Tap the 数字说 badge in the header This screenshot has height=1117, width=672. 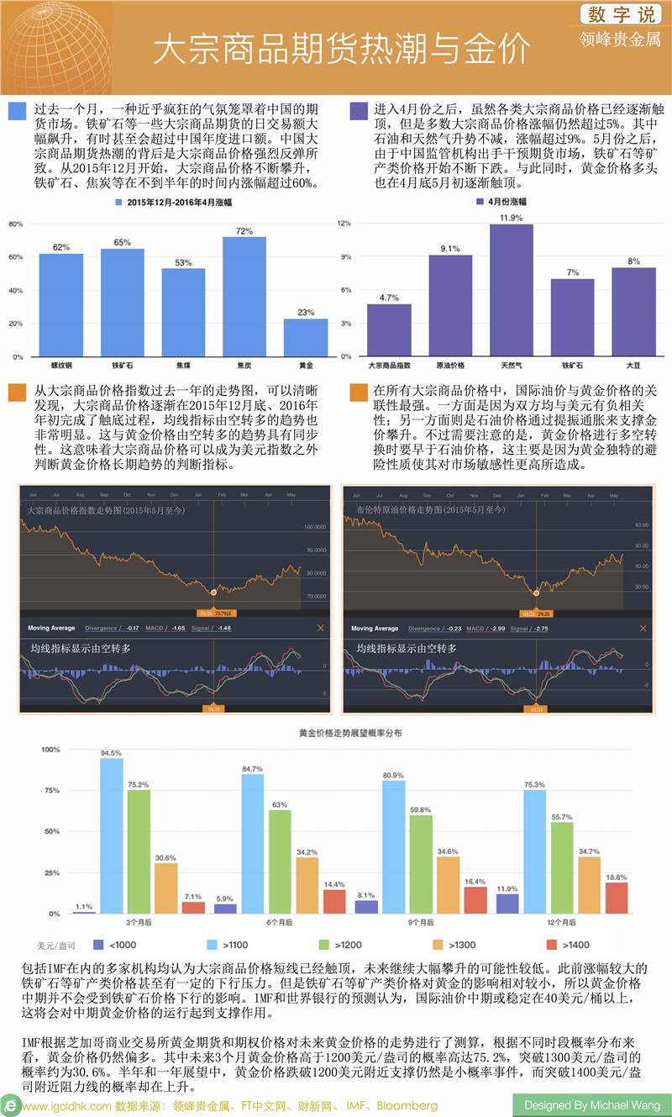pos(620,15)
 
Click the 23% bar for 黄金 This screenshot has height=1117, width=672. pos(305,337)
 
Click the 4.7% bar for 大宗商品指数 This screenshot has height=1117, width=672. pos(389,329)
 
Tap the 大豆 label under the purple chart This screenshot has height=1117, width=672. pos(633,366)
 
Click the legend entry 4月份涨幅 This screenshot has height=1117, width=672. pos(501,202)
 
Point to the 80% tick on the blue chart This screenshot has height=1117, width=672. pos(15,224)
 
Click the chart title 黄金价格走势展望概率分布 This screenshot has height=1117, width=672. pos(350,733)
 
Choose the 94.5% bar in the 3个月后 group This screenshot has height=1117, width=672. pos(111,835)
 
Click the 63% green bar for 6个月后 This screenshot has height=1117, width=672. pos(280,861)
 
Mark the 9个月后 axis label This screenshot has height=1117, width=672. pos(419,922)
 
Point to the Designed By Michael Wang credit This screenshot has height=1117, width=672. pos(592,1105)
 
